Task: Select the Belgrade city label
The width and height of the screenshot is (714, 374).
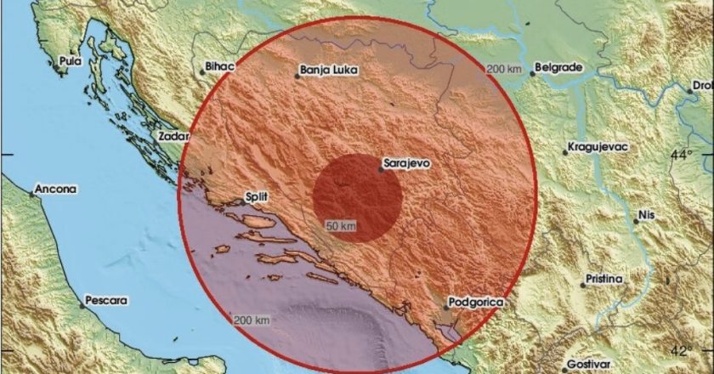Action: tap(558, 65)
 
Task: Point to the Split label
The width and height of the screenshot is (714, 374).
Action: tap(256, 197)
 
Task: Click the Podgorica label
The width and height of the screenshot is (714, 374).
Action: tap(480, 302)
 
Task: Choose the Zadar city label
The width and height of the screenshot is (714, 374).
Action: tap(172, 135)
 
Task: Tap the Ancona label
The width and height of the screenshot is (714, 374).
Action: tap(56, 188)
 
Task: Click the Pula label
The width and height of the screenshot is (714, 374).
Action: tap(70, 61)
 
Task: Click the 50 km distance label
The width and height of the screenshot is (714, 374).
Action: tap(341, 225)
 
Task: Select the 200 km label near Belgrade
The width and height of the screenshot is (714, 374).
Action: tap(502, 69)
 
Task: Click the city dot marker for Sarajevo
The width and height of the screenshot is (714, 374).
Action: tap(382, 169)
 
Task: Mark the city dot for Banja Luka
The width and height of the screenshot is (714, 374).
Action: tap(297, 76)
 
